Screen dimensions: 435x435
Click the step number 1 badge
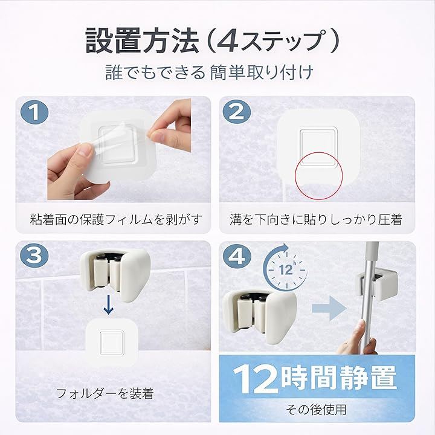34,113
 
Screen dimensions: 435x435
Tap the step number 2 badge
237,112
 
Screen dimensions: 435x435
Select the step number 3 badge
34,255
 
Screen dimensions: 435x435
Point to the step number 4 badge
237,255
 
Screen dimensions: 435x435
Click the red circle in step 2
318,153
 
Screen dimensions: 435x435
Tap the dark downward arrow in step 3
108,304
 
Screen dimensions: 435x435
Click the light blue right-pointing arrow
330,308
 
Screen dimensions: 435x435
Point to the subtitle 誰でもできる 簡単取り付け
210,73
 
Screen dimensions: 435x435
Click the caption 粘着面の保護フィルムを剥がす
116,219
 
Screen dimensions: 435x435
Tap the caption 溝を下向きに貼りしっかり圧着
316,219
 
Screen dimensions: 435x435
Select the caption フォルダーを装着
105,393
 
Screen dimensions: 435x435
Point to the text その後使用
316,410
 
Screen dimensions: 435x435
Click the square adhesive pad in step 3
112,343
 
